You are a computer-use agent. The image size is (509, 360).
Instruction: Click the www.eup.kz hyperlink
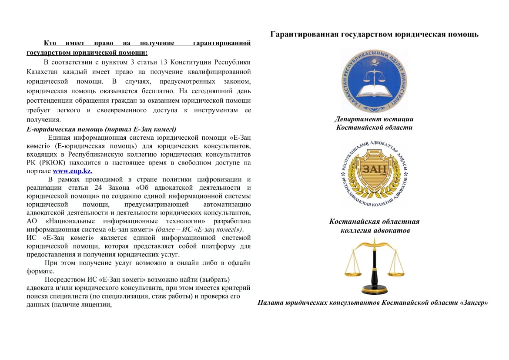pos(72,171)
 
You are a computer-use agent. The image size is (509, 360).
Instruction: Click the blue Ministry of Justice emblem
pos(374,81)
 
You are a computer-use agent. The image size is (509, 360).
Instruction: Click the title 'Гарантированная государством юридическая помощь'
pos(374,34)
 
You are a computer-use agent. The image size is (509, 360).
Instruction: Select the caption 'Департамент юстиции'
pos(374,119)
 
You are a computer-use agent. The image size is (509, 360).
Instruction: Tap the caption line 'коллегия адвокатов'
pos(375,230)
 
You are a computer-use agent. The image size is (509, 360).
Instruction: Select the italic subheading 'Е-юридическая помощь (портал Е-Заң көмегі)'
pos(101,129)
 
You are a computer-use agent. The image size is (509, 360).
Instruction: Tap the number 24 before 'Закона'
pos(98,188)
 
